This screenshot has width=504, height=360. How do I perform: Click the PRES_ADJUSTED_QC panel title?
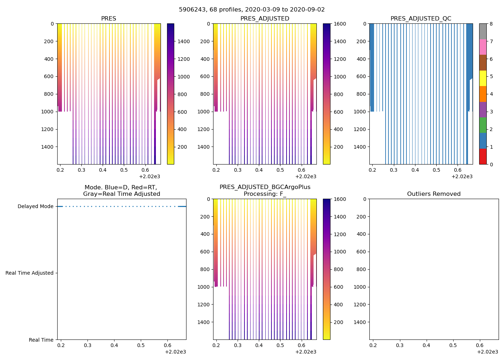(x=421, y=19)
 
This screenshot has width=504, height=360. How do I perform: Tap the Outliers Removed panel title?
(x=434, y=194)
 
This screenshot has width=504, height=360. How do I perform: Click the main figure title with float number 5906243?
(x=252, y=10)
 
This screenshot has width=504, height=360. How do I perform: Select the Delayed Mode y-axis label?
(x=35, y=207)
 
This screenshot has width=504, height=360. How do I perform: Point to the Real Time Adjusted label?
(x=30, y=273)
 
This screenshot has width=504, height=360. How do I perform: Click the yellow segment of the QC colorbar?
(x=483, y=78)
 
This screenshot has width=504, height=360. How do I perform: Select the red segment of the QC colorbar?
(x=483, y=157)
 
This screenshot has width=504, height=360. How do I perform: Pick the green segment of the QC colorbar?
(x=483, y=125)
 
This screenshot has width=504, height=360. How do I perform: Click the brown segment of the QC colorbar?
(x=483, y=63)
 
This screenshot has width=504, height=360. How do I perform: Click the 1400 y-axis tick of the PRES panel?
(x=48, y=147)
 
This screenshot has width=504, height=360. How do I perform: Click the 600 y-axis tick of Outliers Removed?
(x=361, y=252)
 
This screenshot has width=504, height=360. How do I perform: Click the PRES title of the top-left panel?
(x=108, y=19)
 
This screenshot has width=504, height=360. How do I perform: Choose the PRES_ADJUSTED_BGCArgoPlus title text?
(x=265, y=187)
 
